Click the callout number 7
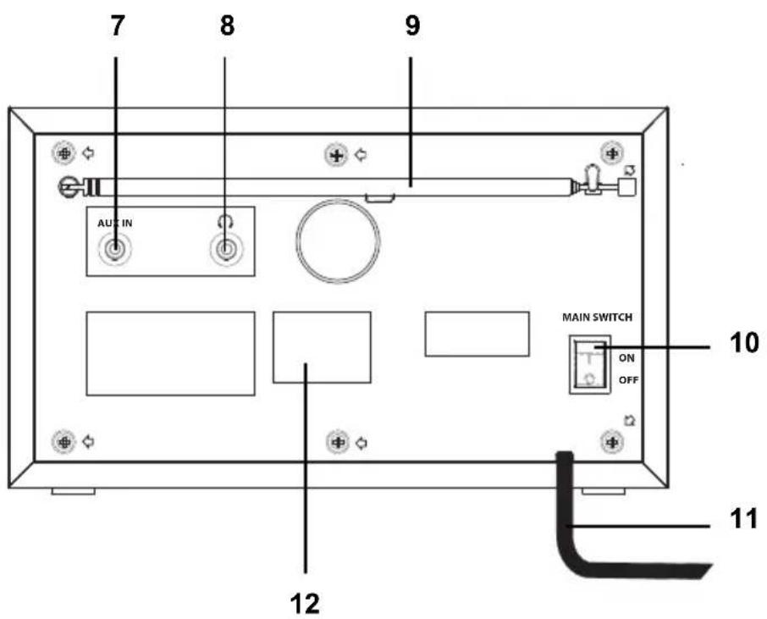click(117, 25)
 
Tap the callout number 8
click(227, 25)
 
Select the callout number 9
click(412, 25)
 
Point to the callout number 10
click(744, 343)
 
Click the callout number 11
click(743, 519)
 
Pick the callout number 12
click(305, 604)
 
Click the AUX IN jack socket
click(115, 250)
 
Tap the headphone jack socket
click(225, 250)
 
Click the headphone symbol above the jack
click(225, 222)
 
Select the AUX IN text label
click(115, 224)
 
